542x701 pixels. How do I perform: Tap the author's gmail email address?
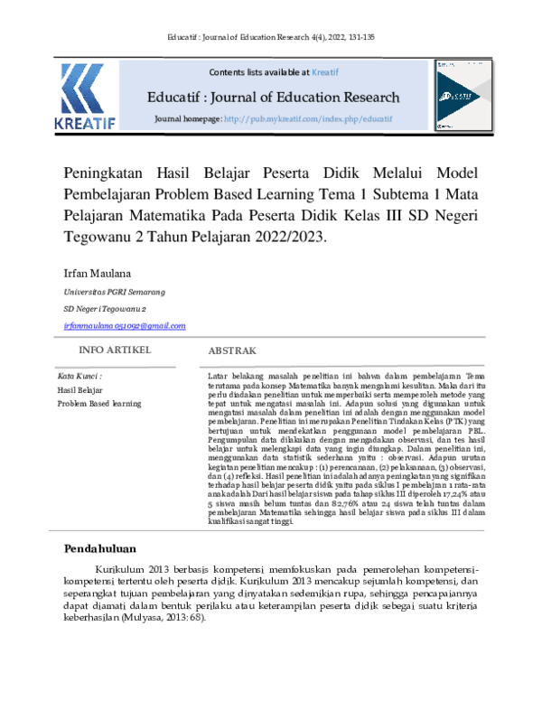click(x=124, y=325)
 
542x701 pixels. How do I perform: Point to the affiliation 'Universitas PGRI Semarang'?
click(x=113, y=293)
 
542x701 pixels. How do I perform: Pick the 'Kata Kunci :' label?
click(x=79, y=375)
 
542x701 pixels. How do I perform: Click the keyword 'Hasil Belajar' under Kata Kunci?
click(x=79, y=389)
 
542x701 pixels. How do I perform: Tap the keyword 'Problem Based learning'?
click(x=99, y=404)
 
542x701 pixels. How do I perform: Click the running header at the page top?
click(x=271, y=36)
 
